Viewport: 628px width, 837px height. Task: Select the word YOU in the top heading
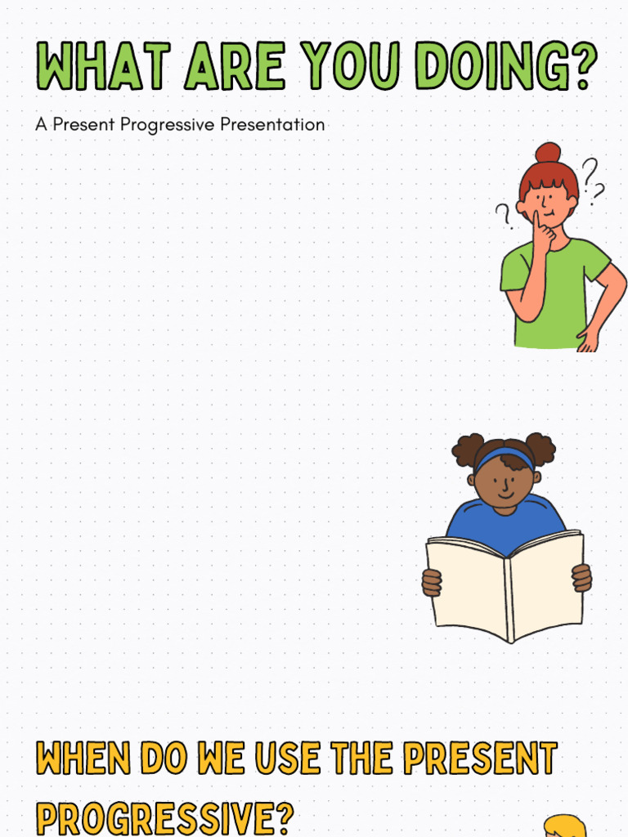coord(357,67)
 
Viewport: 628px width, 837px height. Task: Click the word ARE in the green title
coord(235,67)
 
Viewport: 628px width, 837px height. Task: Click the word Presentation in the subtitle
coord(273,125)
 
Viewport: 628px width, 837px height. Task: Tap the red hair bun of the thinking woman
coord(548,154)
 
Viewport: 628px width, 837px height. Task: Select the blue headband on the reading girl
coord(505,455)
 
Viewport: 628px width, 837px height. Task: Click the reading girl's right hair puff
coord(541,448)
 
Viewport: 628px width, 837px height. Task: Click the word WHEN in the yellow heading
coord(83,759)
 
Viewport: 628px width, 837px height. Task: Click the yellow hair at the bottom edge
coord(566,827)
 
